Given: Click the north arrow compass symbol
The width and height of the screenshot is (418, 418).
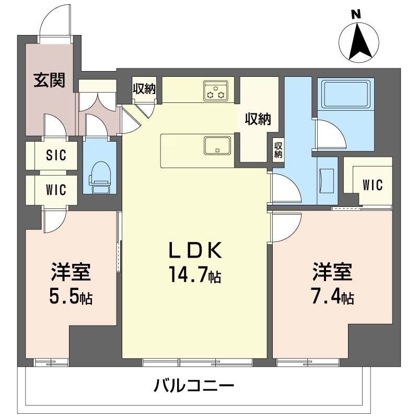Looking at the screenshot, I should (359, 40).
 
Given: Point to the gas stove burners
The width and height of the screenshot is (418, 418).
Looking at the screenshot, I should (216, 90).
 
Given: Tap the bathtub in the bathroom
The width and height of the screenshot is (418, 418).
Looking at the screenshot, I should (345, 95).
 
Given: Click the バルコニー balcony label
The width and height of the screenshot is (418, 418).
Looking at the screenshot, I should (194, 387).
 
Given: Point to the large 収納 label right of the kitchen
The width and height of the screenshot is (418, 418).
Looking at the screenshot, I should (258, 120).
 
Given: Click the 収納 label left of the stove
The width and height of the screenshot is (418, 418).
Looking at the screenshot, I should (144, 88).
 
